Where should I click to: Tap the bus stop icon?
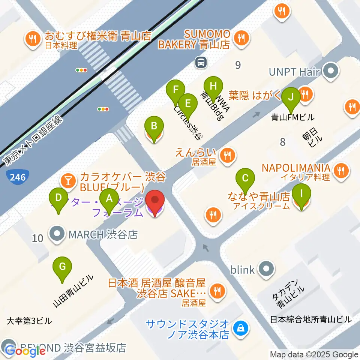(x=201, y=62)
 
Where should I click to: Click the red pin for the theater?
(x=154, y=203)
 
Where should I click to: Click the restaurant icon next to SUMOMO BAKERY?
(x=239, y=37)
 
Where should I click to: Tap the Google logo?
(x=25, y=351)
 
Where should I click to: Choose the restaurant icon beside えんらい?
(x=227, y=155)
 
